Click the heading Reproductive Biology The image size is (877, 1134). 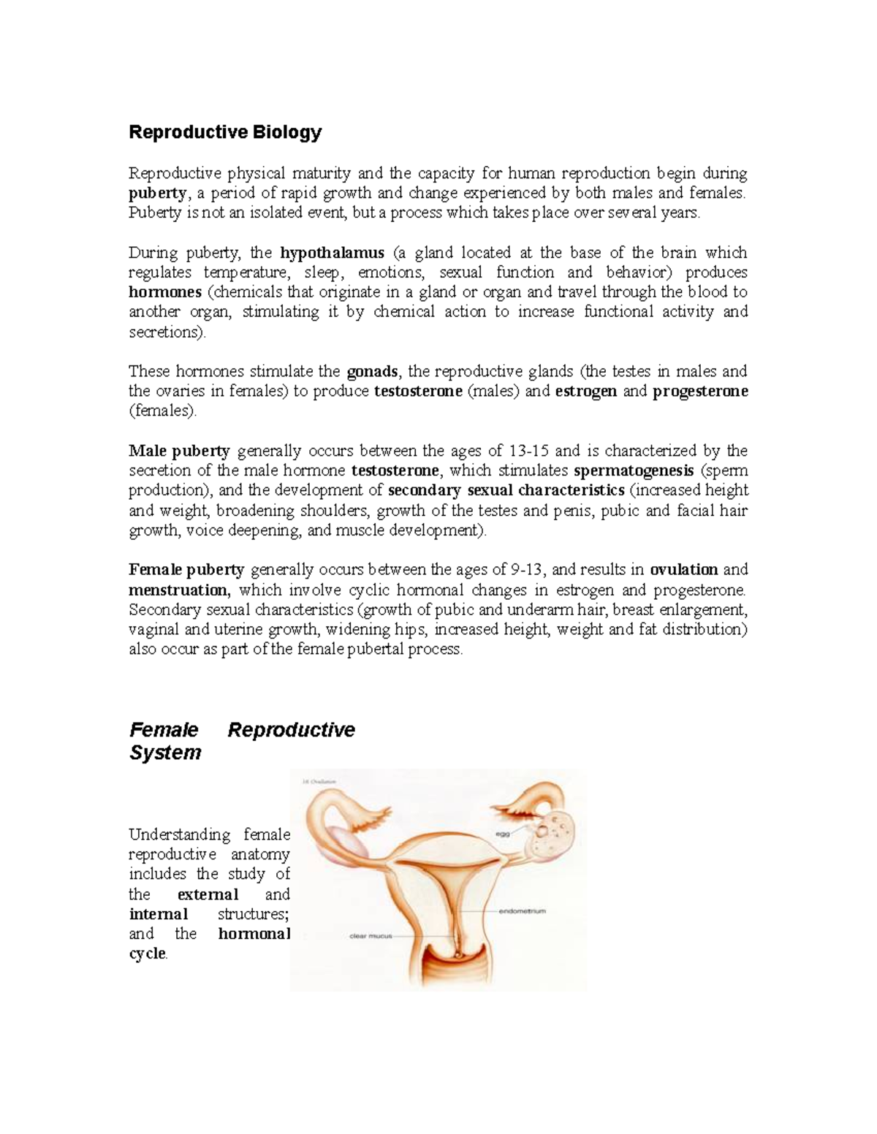point(225,132)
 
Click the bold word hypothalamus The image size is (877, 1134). point(333,253)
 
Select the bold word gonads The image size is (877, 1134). point(373,371)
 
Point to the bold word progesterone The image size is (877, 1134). point(700,391)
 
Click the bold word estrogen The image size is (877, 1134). point(586,391)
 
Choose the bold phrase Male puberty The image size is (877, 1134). point(179,451)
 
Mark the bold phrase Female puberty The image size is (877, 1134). point(186,569)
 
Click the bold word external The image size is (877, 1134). point(208,894)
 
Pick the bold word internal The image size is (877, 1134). point(159,914)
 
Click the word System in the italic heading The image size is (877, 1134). point(165,753)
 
